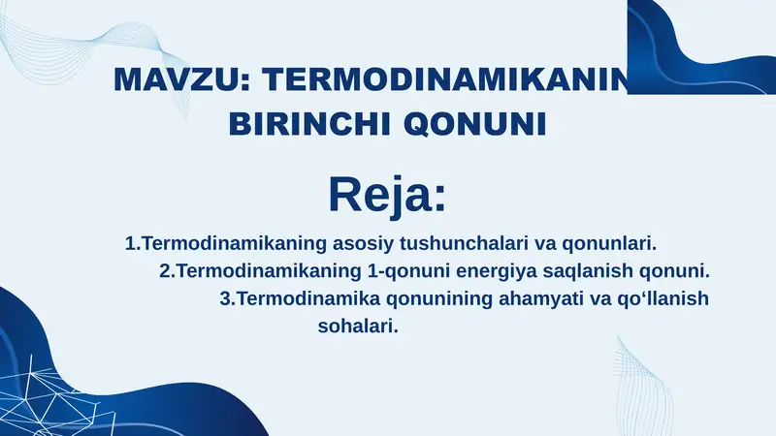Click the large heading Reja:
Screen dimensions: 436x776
[387, 193]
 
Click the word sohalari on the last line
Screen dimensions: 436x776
[358, 327]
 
